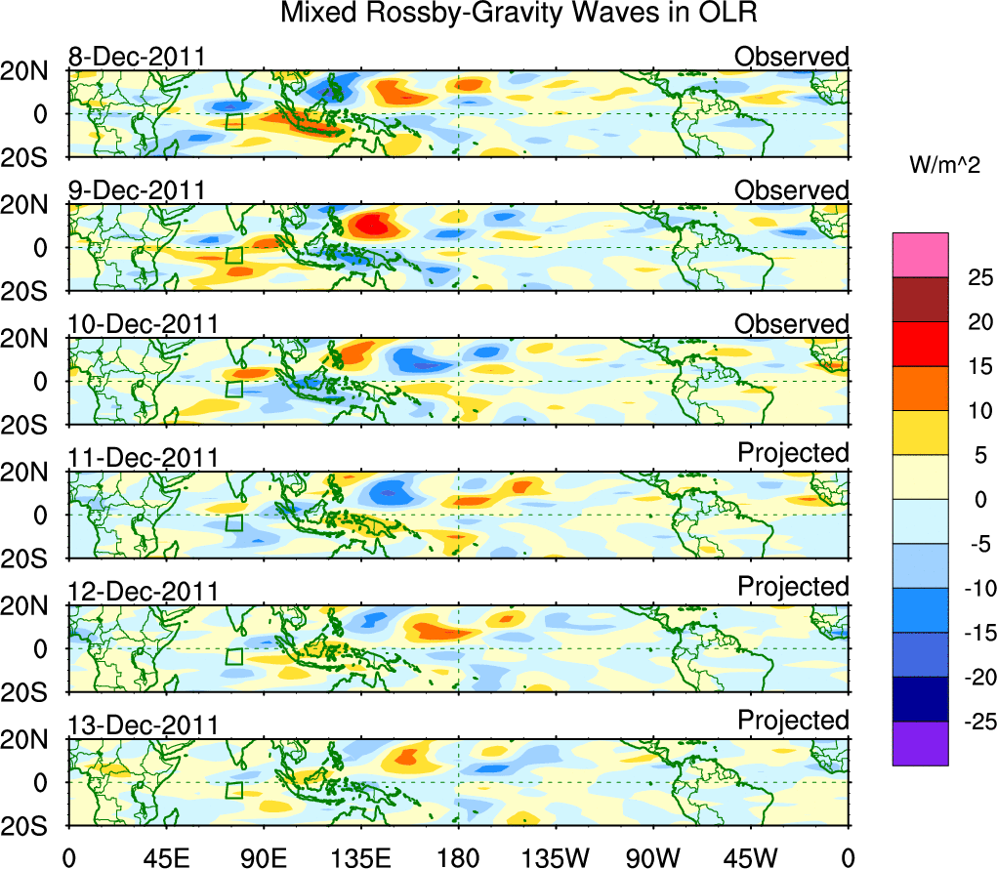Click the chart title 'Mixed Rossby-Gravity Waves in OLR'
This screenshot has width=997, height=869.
pos(519,14)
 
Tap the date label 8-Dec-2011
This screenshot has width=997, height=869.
pos(137,57)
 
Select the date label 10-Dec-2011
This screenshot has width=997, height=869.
pos(143,324)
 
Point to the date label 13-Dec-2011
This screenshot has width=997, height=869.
pos(143,725)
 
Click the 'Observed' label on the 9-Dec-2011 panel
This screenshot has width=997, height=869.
pos(792,190)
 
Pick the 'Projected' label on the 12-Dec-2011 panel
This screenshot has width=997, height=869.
pos(793,587)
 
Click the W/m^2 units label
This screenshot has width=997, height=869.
pos(944,166)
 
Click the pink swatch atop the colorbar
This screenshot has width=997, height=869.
pos(920,255)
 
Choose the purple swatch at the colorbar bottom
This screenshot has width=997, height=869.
pos(920,743)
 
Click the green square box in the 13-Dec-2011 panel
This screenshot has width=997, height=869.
pos(233,790)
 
